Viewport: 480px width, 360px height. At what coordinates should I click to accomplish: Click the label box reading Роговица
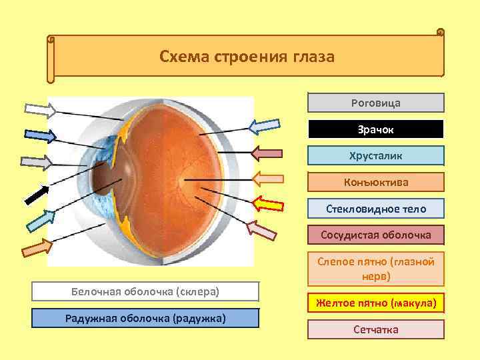pos(375,103)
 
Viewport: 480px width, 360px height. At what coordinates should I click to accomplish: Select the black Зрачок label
pos(375,129)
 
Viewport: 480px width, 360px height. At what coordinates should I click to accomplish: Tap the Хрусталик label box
pos(375,155)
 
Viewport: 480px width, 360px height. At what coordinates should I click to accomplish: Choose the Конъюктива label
pos(375,182)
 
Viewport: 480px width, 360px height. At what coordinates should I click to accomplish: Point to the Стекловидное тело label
pos(375,209)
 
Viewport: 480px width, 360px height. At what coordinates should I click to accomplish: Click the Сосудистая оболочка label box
pos(375,235)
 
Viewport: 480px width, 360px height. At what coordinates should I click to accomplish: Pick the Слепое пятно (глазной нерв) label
pos(375,268)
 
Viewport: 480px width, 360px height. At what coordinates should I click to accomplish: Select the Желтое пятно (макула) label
pos(375,304)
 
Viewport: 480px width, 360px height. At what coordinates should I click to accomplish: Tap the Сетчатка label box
pos(375,329)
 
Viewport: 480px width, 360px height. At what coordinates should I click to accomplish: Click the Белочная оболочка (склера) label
pos(145,292)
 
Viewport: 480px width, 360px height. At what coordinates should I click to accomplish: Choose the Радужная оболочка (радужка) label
pos(145,317)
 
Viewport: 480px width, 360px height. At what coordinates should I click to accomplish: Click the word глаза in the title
pos(312,56)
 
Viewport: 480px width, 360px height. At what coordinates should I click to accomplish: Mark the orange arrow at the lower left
pos(37,248)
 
